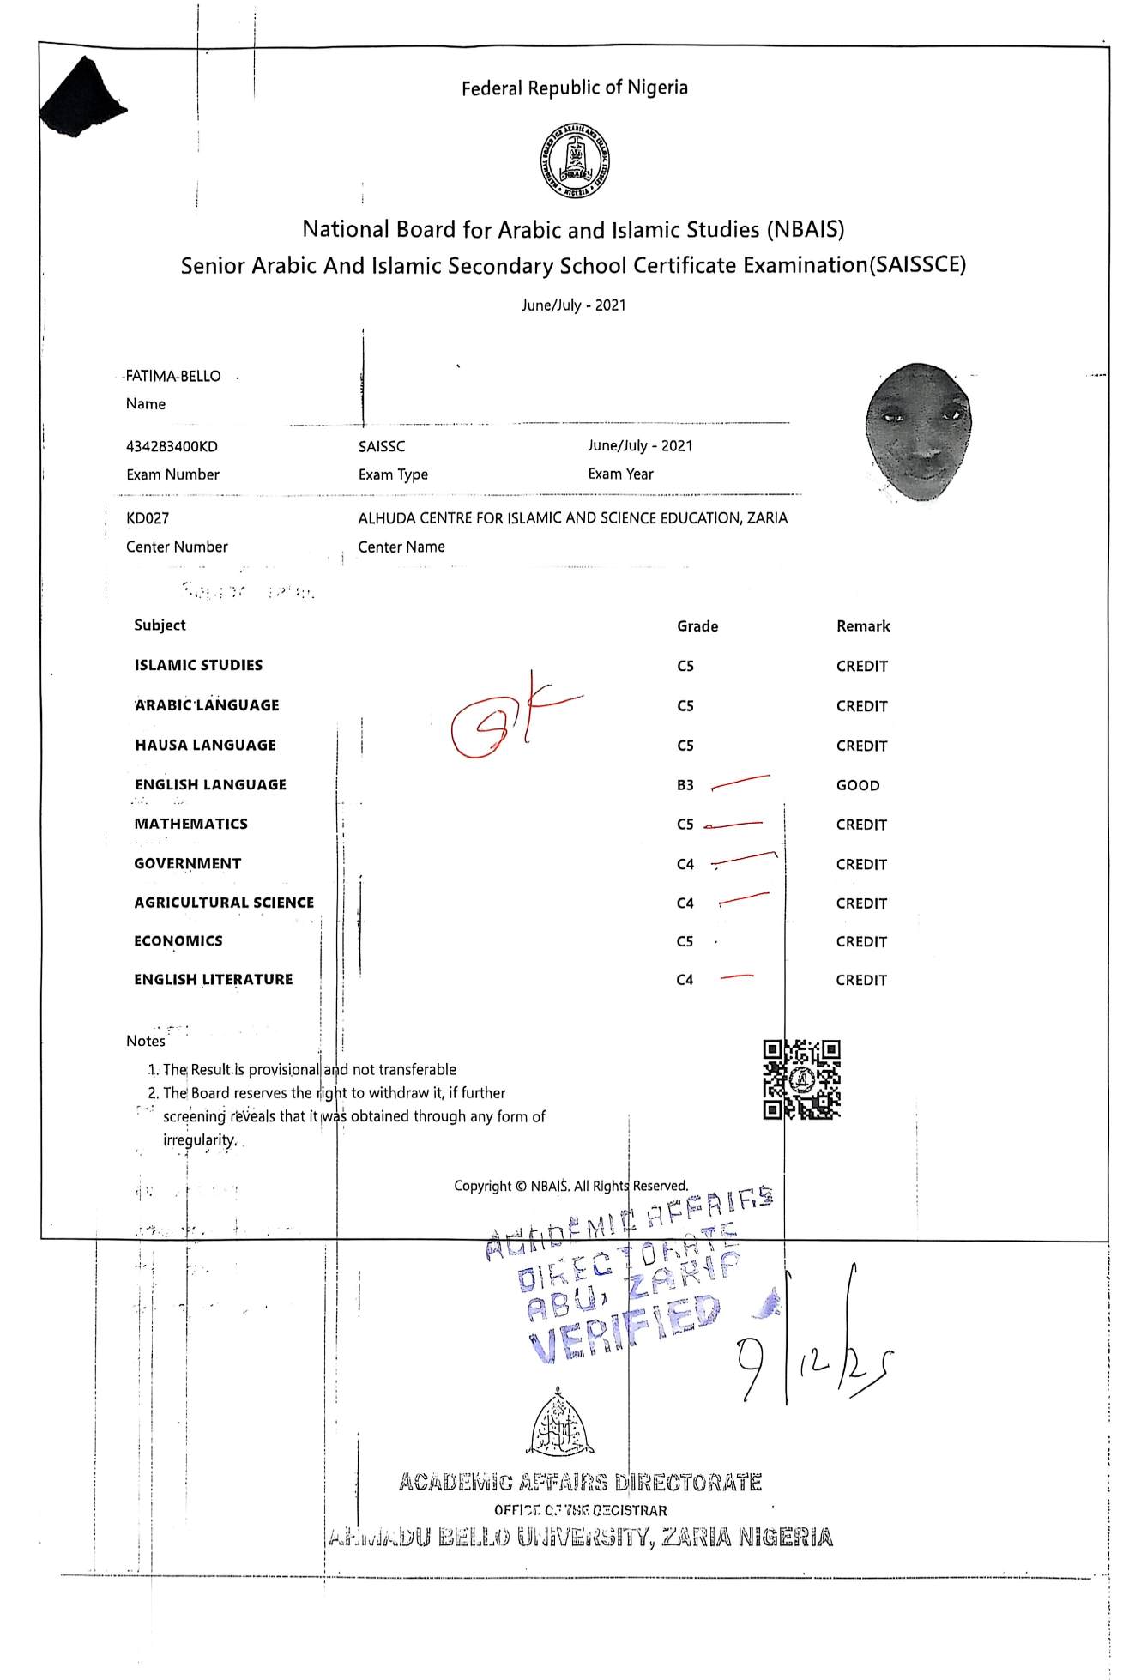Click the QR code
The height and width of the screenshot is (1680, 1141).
801,1079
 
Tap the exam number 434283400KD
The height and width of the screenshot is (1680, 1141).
172,446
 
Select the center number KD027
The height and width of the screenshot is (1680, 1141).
148,518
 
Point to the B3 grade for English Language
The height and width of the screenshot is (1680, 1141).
685,785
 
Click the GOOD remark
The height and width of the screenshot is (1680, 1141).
858,785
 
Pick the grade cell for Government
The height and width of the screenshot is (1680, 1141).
685,864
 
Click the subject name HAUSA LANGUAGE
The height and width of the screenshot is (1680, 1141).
205,745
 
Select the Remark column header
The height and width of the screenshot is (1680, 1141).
863,626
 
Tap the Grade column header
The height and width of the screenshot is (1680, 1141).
697,626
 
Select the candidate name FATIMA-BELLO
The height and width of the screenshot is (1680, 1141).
173,376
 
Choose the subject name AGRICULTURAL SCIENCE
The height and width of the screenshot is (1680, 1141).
224,903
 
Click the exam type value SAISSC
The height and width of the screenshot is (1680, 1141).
382,446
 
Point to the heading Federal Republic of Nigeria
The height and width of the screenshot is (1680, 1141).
574,88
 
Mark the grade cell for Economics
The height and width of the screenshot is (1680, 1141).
685,941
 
